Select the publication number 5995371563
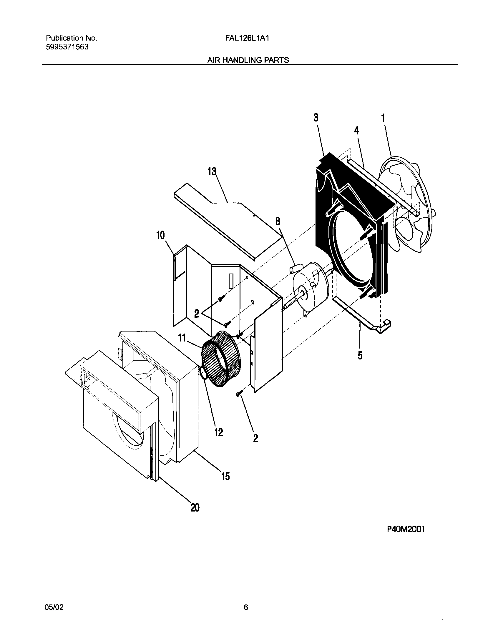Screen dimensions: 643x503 pyautogui.click(x=67, y=47)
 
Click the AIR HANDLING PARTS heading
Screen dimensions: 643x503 pyautogui.click(x=248, y=60)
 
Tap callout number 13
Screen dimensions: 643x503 pyautogui.click(x=212, y=171)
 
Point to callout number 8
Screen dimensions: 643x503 pyautogui.click(x=278, y=221)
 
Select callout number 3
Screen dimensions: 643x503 pyautogui.click(x=316, y=118)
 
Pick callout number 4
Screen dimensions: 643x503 pyautogui.click(x=356, y=130)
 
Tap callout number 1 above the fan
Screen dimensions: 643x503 pyautogui.click(x=383, y=118)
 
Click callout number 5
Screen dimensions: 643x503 pyautogui.click(x=360, y=355)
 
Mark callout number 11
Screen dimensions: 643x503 pyautogui.click(x=182, y=338)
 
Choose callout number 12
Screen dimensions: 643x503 pyautogui.click(x=219, y=432)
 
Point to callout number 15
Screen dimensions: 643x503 pyautogui.click(x=225, y=476)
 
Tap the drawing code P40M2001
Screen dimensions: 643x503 pyautogui.click(x=406, y=529)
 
